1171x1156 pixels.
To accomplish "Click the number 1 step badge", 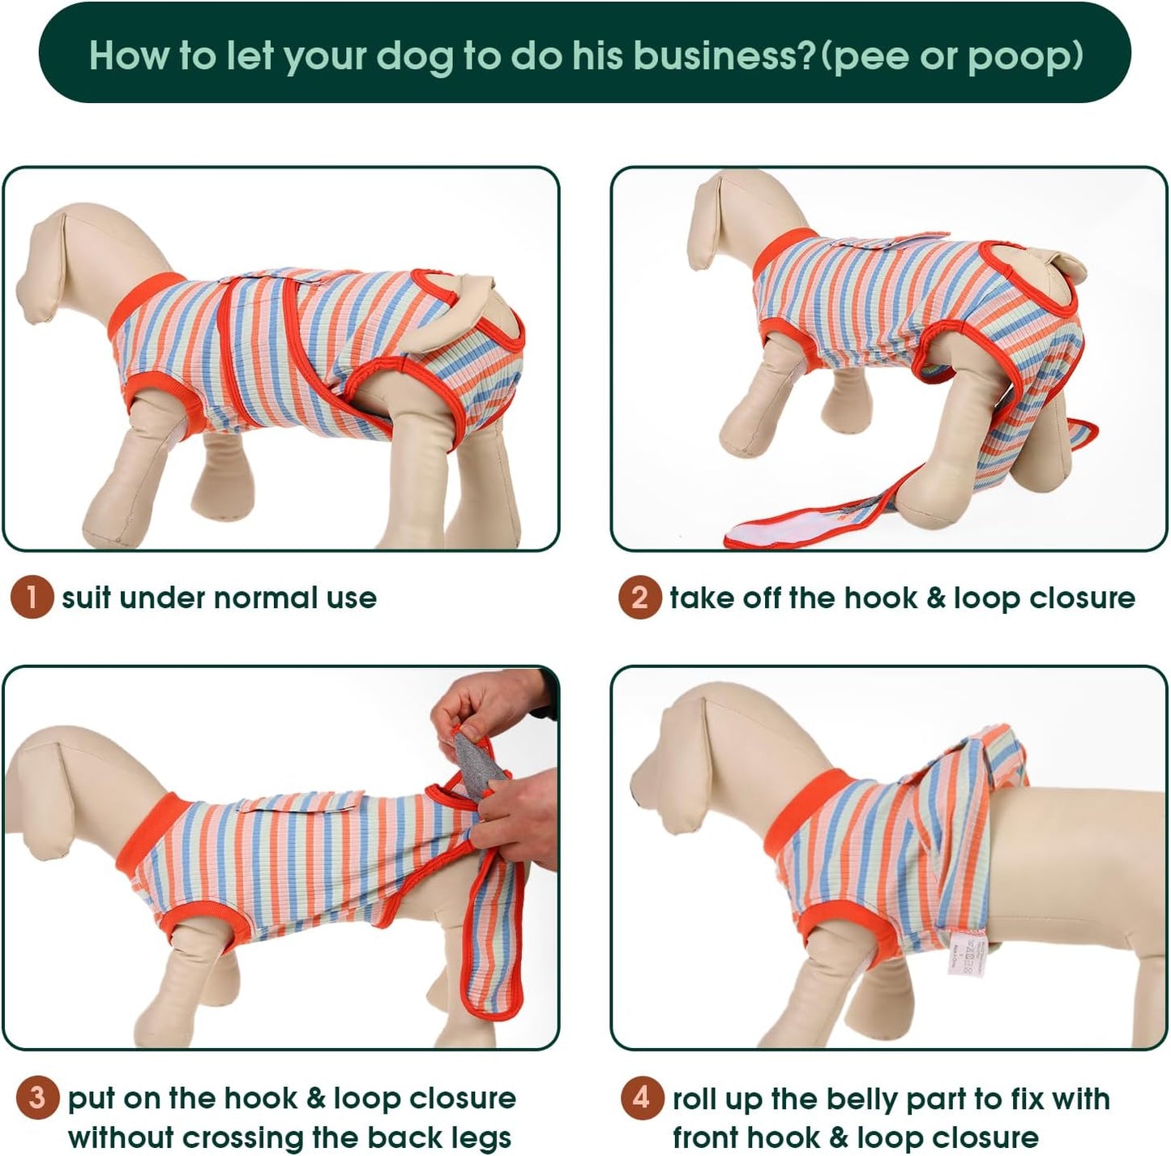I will [32, 598].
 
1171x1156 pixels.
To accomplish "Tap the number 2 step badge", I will [639, 598].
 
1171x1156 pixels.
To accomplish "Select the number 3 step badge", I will [37, 1098].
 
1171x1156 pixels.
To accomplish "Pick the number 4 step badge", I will [642, 1098].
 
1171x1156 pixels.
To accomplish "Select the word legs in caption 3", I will [478, 1137].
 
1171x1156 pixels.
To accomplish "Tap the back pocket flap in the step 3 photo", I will [300, 803].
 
